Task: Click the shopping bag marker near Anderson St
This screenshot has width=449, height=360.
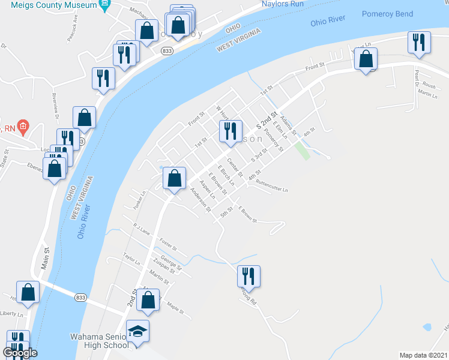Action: pyautogui.click(x=174, y=178)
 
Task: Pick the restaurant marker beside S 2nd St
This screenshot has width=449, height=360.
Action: pyautogui.click(x=231, y=132)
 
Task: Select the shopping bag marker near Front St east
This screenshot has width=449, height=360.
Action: pyautogui.click(x=366, y=59)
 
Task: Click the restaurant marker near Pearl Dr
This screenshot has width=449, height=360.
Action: pyautogui.click(x=418, y=43)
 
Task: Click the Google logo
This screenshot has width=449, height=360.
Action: pyautogui.click(x=20, y=353)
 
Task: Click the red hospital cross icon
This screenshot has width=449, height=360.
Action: pyautogui.click(x=23, y=126)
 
